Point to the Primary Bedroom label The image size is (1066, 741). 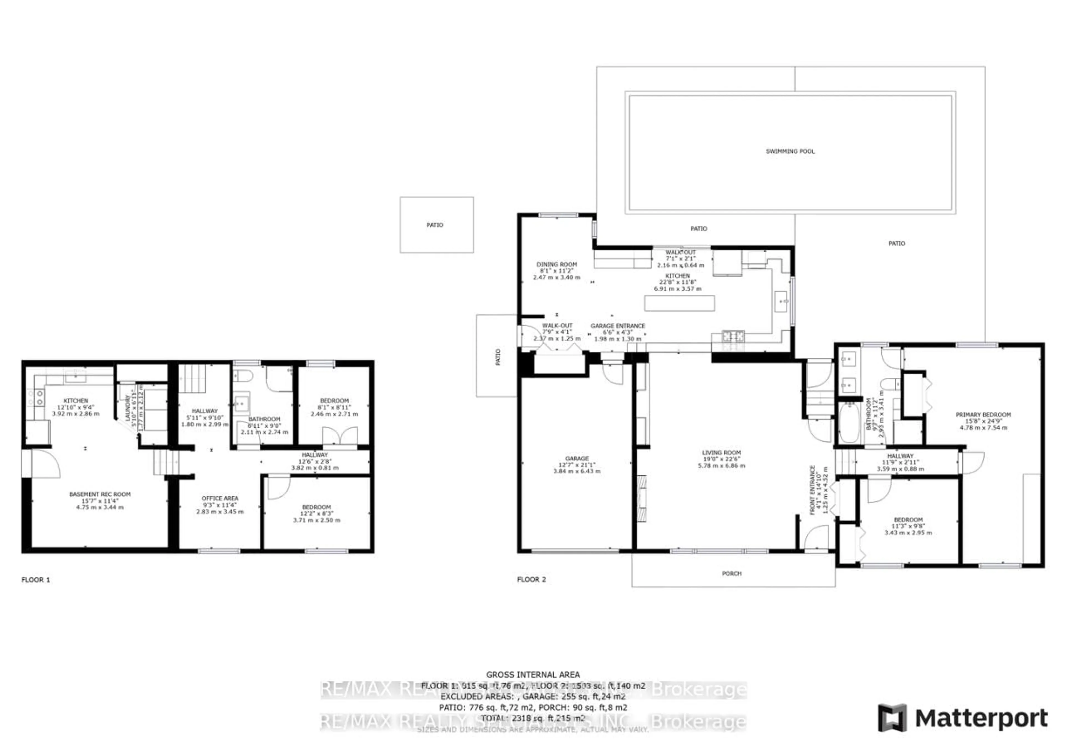(x=982, y=415)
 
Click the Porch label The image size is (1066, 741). (x=731, y=574)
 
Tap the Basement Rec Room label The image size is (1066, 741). (x=100, y=494)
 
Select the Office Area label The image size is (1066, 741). (x=220, y=498)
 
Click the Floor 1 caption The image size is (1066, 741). (x=36, y=579)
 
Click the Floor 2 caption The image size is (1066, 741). (x=531, y=579)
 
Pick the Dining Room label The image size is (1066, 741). (x=556, y=264)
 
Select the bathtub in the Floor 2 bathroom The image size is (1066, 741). (x=849, y=422)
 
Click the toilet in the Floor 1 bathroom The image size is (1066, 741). (x=242, y=375)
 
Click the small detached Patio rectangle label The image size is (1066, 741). (x=435, y=225)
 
